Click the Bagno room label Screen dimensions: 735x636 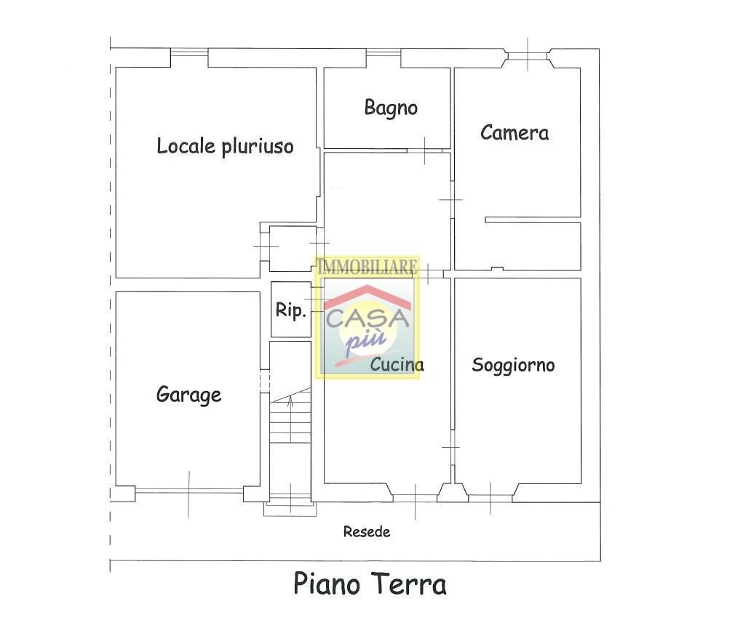click(x=391, y=108)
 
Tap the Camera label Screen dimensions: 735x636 click(x=514, y=132)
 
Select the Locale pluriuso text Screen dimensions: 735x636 click(x=225, y=146)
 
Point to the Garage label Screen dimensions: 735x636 click(x=188, y=395)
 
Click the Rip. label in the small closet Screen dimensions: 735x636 click(x=290, y=310)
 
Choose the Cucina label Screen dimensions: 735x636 click(x=397, y=364)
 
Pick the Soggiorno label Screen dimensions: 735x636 click(x=513, y=366)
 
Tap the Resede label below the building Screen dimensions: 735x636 click(x=367, y=531)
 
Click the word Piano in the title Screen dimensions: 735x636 click(x=327, y=584)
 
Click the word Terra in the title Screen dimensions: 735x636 click(x=408, y=584)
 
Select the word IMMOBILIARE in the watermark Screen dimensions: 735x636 click(x=367, y=267)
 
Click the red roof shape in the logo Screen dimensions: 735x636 click(x=368, y=296)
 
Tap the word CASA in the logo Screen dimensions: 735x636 click(x=367, y=318)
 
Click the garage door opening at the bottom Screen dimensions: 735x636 click(x=189, y=491)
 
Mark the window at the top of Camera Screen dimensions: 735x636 click(x=528, y=56)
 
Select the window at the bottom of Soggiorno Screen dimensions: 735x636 click(x=490, y=498)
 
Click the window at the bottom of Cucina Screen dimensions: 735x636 click(x=416, y=498)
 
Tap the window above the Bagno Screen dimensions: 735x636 click(x=384, y=53)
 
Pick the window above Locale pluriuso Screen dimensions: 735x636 click(x=189, y=52)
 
